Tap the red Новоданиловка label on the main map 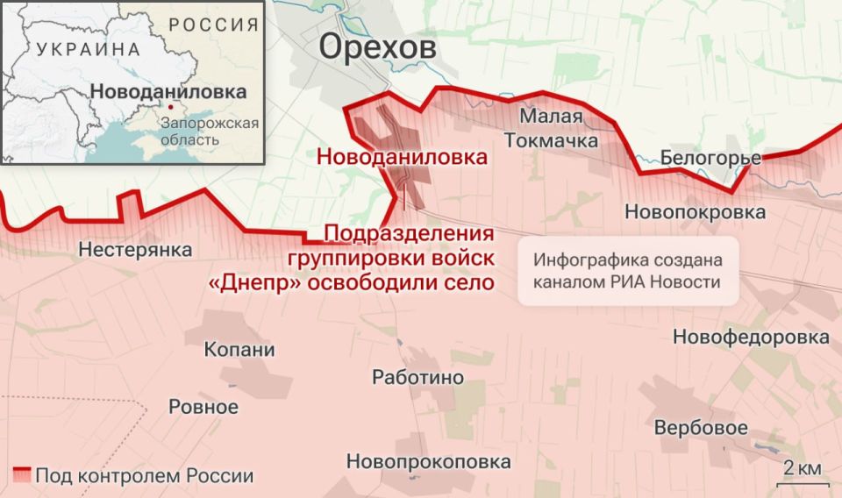pyautogui.click(x=402, y=159)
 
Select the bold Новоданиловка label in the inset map pyautogui.click(x=168, y=91)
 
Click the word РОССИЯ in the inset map pyautogui.click(x=213, y=25)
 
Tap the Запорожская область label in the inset pyautogui.click(x=210, y=131)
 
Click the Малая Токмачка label pyautogui.click(x=552, y=128)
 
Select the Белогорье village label pyautogui.click(x=710, y=159)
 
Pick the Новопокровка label pyautogui.click(x=695, y=211)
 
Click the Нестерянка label pyautogui.click(x=135, y=250)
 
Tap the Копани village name pyautogui.click(x=239, y=350)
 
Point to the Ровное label pyautogui.click(x=203, y=407)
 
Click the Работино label pyautogui.click(x=417, y=378)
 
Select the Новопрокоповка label pyautogui.click(x=428, y=461)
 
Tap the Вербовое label pyautogui.click(x=701, y=429)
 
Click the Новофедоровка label pyautogui.click(x=751, y=338)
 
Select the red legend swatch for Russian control pyautogui.click(x=20, y=476)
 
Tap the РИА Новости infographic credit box pyautogui.click(x=627, y=271)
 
